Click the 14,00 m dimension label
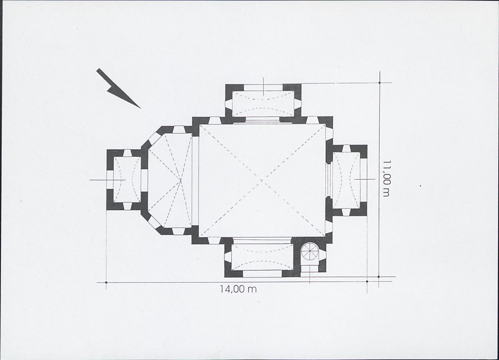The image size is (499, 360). click(238, 289)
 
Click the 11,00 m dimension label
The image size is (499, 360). click(386, 178)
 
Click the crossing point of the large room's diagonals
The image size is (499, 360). click(262, 181)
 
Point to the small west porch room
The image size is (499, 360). click(127, 179)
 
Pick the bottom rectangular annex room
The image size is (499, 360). click(263, 257)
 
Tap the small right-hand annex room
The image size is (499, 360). click(346, 180)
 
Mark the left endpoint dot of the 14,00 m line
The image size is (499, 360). click(106, 282)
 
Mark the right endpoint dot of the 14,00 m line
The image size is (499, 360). click(367, 282)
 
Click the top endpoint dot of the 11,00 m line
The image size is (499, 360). click(380, 83)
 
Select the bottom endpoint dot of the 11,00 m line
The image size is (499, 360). click(379, 277)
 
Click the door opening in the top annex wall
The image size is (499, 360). click(263, 87)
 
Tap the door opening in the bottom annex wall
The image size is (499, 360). click(262, 274)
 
